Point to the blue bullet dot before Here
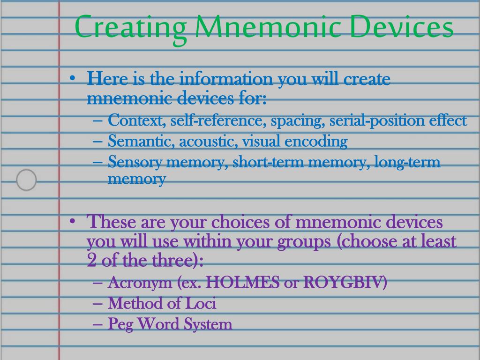pyautogui.click(x=72, y=78)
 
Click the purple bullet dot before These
pyautogui.click(x=72, y=221)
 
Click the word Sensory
pyautogui.click(x=135, y=162)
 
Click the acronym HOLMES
pyautogui.click(x=243, y=282)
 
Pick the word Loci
pyautogui.click(x=201, y=303)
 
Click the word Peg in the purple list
pyautogui.click(x=120, y=324)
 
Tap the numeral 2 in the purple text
pyautogui.click(x=91, y=261)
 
